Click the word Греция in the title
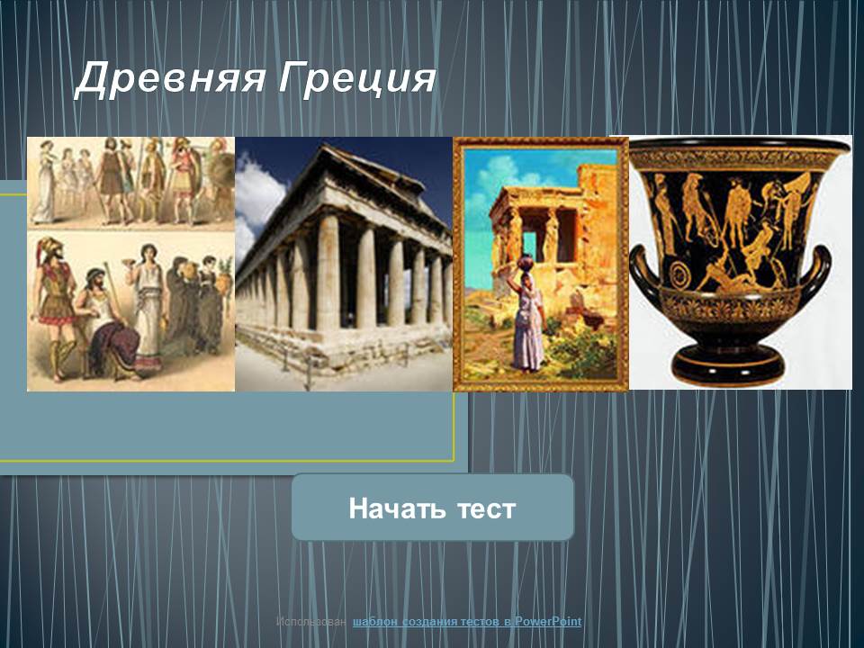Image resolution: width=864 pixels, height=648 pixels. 357,79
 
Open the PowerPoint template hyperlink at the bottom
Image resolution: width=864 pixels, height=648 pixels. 467,622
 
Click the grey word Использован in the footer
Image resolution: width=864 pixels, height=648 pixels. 311,622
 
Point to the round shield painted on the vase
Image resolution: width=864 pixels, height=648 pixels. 683,274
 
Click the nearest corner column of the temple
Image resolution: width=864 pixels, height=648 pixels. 328,273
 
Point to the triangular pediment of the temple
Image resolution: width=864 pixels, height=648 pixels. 380,171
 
